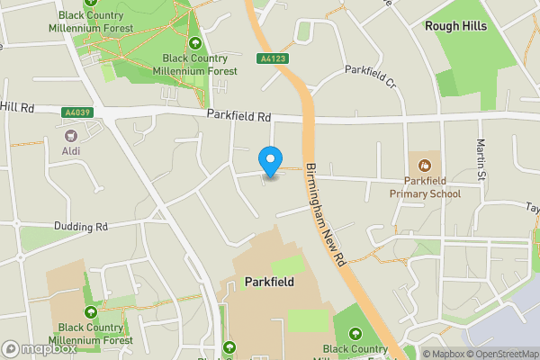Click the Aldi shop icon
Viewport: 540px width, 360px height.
(x=70, y=134)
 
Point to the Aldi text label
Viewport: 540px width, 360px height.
(x=70, y=150)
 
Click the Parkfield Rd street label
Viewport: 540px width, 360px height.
(x=238, y=116)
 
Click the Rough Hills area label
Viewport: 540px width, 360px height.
(x=455, y=26)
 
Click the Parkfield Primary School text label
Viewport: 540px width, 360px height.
(x=425, y=186)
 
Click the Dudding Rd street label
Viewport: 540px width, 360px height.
(x=81, y=227)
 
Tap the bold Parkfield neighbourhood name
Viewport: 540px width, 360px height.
(x=269, y=282)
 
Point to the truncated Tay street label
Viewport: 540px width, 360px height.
(x=531, y=205)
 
